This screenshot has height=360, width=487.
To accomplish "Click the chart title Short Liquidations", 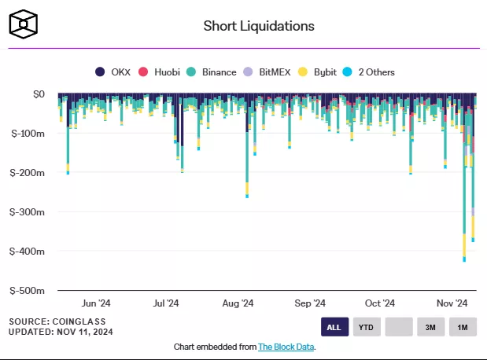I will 259,26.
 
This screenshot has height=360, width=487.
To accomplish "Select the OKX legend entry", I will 115,72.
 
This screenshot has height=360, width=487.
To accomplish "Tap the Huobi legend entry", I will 161,72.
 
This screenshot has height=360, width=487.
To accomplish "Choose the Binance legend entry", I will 212,72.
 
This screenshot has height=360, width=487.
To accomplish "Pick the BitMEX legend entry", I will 267,72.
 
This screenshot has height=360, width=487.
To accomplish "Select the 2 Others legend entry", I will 369,72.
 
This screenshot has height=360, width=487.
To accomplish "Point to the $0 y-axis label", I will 39,94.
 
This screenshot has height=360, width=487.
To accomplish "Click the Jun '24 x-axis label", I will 95,303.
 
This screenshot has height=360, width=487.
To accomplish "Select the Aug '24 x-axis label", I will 238,303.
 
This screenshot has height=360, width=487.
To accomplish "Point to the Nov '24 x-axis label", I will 452,303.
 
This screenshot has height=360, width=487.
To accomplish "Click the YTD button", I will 366,327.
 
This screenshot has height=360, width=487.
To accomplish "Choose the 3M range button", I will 430,327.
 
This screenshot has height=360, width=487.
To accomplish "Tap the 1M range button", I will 463,327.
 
